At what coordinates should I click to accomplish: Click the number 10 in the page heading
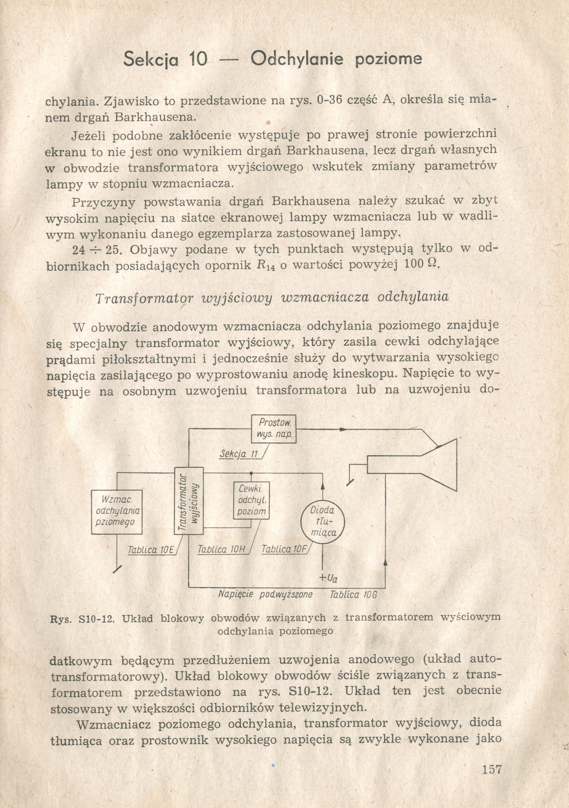pos(198,59)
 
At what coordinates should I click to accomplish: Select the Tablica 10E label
pos(151,549)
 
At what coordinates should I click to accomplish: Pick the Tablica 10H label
pos(221,549)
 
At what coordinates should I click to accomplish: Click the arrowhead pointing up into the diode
pos(323,487)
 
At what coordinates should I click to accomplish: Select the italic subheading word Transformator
pos(144,298)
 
